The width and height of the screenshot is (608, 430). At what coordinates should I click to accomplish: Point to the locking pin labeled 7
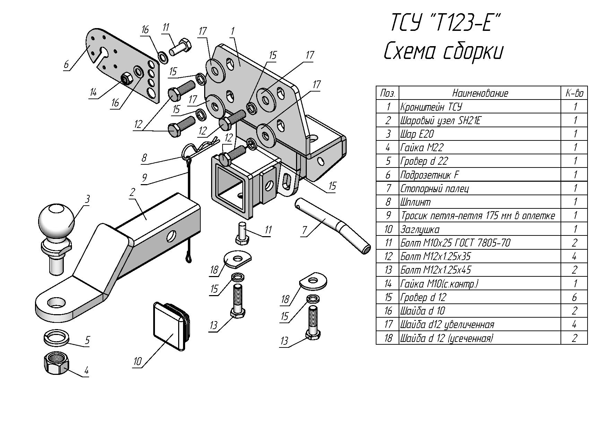pos(333,225)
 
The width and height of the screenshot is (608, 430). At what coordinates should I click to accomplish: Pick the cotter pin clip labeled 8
pos(199,147)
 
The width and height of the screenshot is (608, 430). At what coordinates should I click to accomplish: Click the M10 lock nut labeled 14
pos(126,80)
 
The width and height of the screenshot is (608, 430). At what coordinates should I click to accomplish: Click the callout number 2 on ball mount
pos(132,193)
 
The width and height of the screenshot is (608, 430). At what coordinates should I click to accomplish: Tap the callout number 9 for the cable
pos(145,178)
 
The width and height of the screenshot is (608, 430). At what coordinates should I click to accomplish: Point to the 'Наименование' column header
pos(480,93)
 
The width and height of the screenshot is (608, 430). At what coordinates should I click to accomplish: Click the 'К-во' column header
pos(574,93)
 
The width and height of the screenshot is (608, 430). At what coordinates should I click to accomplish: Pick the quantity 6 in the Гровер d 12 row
pos(574,297)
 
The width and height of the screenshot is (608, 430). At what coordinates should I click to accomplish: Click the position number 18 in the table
pos(388,338)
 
